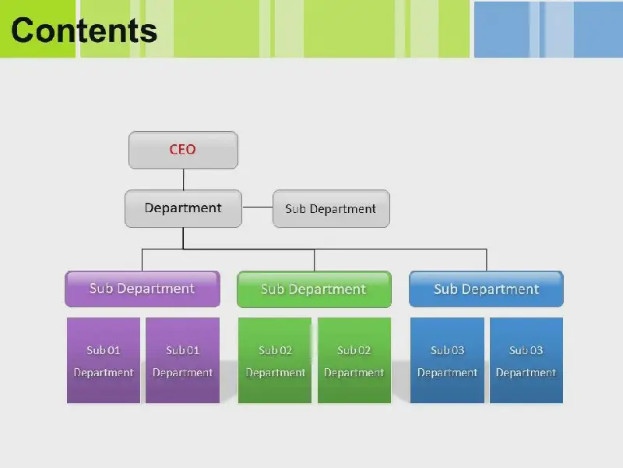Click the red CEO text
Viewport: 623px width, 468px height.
[x=183, y=149]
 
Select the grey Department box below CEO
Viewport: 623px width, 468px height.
[x=183, y=208]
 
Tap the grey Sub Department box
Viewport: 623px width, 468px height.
[x=331, y=208]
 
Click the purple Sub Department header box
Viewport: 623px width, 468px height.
[x=143, y=289]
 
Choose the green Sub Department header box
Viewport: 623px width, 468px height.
[x=314, y=289]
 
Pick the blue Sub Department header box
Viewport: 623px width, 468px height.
[x=486, y=289]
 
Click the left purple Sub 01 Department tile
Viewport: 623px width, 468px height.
[x=104, y=360]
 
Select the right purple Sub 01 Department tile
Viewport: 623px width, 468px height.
[x=182, y=360]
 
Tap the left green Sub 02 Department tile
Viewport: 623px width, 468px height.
[x=275, y=360]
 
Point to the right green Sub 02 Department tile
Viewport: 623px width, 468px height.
[x=354, y=360]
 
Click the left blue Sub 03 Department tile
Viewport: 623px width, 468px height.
[x=447, y=360]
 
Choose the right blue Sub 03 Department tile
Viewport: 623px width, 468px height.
[x=526, y=360]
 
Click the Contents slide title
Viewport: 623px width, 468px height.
[x=84, y=30]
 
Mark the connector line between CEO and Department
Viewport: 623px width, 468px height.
[x=183, y=179]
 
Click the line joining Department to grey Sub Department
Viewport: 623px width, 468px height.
[x=258, y=207]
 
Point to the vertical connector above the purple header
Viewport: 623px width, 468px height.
[x=142, y=261]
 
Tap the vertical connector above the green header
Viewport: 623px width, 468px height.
[x=314, y=261]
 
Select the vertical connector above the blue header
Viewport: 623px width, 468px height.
[x=486, y=261]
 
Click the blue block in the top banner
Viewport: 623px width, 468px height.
[x=548, y=30]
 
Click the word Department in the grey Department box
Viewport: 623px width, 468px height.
[x=183, y=208]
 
